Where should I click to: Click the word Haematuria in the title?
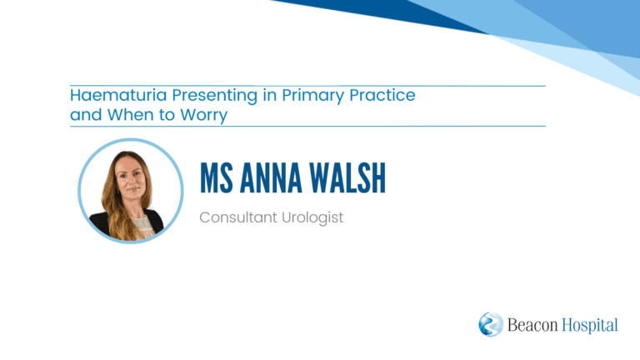pos(118,95)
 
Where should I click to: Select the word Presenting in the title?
pos(215,96)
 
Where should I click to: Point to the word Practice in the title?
pos(382,95)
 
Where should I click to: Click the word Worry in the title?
pos(203,116)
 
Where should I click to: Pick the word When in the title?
pos(131,115)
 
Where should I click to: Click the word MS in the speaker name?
pos(217,177)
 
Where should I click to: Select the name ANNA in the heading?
pos(271,177)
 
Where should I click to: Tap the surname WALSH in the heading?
pos(347,177)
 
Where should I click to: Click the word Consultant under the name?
pos(238,217)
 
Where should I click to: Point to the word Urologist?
pos(312,218)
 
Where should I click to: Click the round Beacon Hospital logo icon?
pos(491,324)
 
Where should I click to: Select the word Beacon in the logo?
pos(532,325)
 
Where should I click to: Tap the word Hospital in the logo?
pos(590,326)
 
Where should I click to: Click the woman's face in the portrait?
pos(132,179)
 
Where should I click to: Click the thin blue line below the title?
pos(307,126)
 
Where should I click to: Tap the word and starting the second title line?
pos(86,115)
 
